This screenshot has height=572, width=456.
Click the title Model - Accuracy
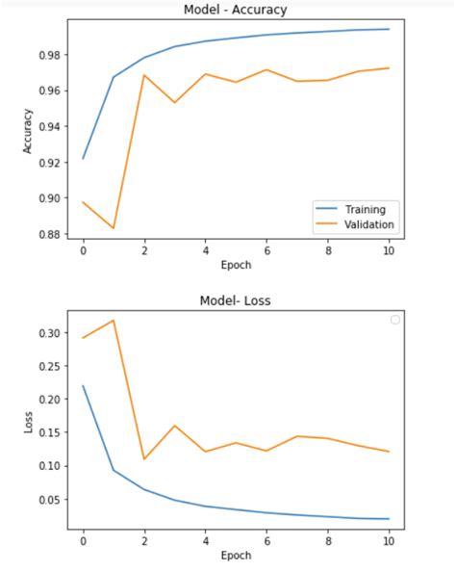coord(235,10)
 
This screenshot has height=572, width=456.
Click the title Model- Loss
coord(235,299)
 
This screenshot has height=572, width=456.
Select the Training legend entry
coord(367,209)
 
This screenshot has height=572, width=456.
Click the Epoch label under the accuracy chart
coord(235,264)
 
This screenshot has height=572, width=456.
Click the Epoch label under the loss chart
coord(235,555)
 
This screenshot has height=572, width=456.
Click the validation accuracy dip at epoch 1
coord(114,228)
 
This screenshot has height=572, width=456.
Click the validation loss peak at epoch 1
coord(114,320)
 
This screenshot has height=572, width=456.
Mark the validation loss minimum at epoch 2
coord(145,458)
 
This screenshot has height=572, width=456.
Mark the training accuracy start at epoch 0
coord(84,158)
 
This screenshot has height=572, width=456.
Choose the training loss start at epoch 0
coord(84,386)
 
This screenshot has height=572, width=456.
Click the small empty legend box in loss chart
coord(394,320)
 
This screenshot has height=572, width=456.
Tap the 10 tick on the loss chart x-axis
coord(388,540)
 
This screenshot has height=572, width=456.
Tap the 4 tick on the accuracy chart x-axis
coord(205,249)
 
